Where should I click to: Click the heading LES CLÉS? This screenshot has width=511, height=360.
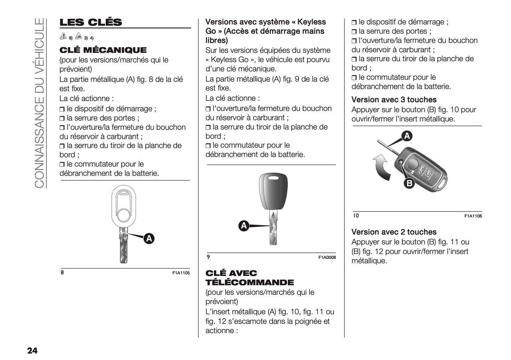(91, 22)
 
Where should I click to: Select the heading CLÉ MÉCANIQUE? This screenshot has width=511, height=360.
(103, 50)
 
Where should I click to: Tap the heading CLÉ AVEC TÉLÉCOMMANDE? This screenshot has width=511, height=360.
(249, 278)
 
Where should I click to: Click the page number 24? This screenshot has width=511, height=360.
(32, 350)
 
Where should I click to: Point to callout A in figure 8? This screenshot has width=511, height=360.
(149, 239)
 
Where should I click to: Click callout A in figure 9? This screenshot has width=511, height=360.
(244, 226)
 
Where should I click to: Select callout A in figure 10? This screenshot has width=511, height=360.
(407, 136)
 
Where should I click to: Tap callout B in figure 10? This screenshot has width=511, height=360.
(409, 183)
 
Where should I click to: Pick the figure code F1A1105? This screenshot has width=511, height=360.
(181, 273)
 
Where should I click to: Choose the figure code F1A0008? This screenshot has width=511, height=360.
(327, 257)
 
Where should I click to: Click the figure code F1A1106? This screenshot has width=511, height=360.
(473, 216)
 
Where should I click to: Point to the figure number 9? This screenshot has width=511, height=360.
(208, 257)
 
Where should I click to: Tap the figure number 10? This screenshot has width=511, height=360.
(356, 215)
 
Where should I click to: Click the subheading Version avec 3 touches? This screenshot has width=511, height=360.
(394, 100)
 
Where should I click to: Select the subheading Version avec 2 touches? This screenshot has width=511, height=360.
(394, 232)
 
